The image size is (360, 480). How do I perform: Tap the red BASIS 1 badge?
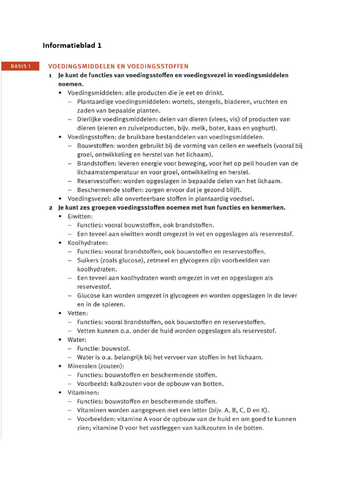[x=21, y=67]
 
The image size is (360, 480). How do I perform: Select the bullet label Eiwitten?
[x=80, y=217]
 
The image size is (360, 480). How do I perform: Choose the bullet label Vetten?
[x=78, y=313]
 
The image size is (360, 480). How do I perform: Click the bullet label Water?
[x=77, y=339]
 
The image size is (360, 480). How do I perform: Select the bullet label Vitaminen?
[x=83, y=392]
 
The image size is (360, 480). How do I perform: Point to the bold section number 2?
[x=50, y=207]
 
